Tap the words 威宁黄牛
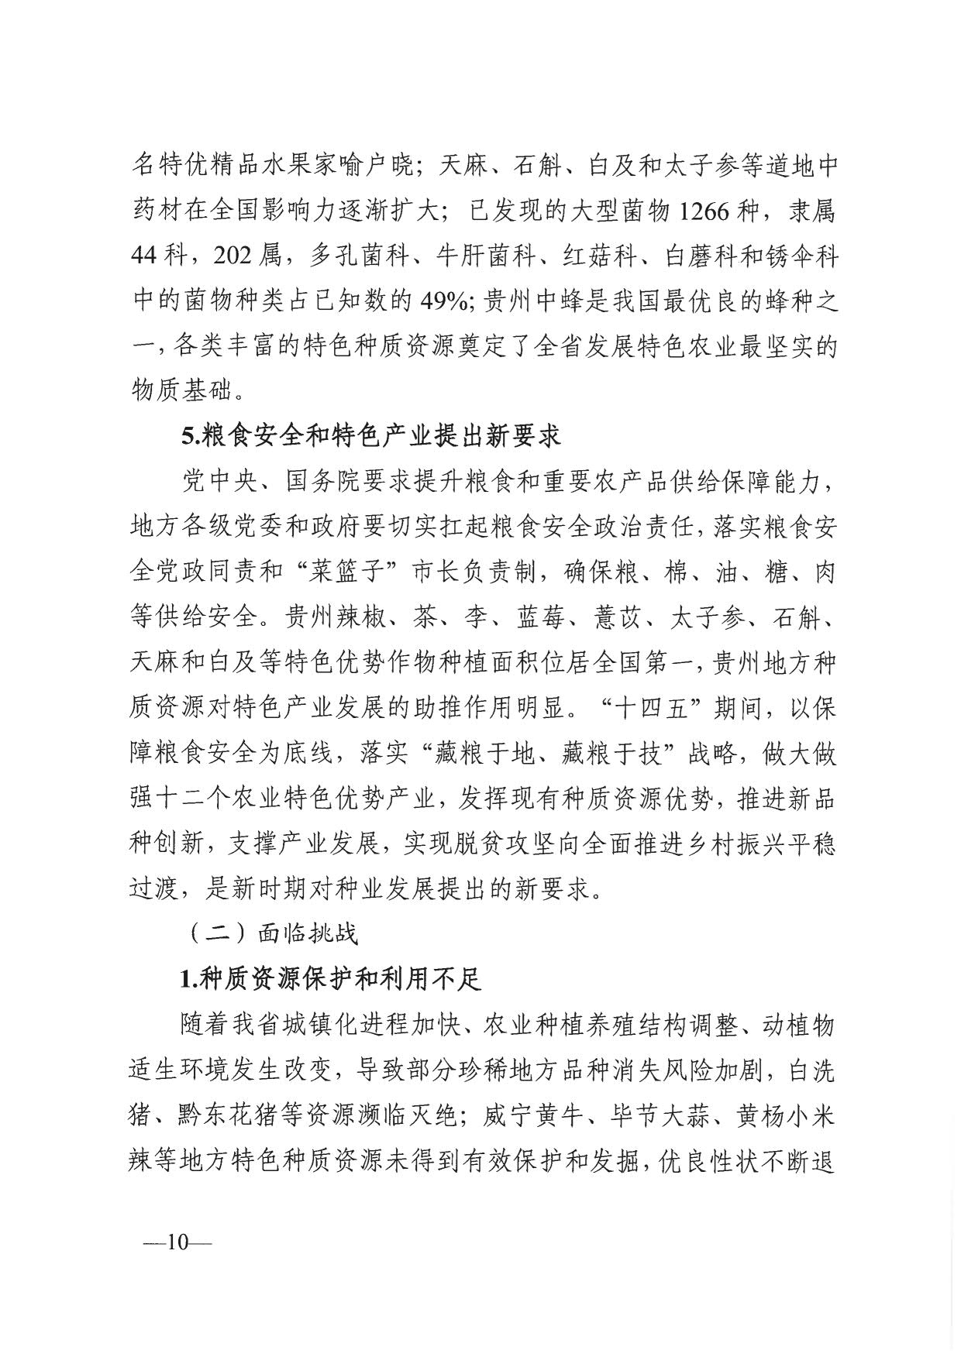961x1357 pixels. [x=530, y=1116]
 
